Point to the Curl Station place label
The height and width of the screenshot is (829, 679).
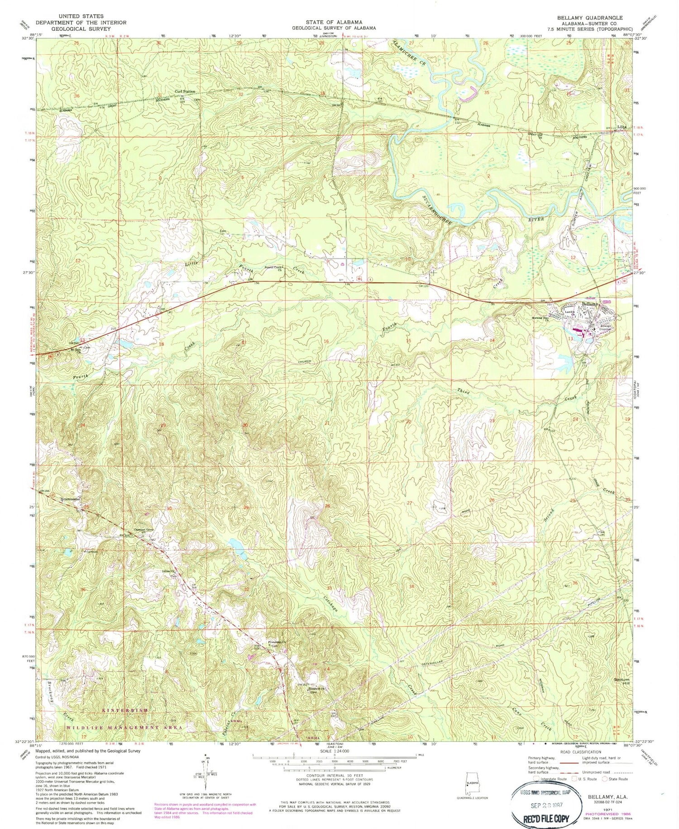[x=185, y=92]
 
